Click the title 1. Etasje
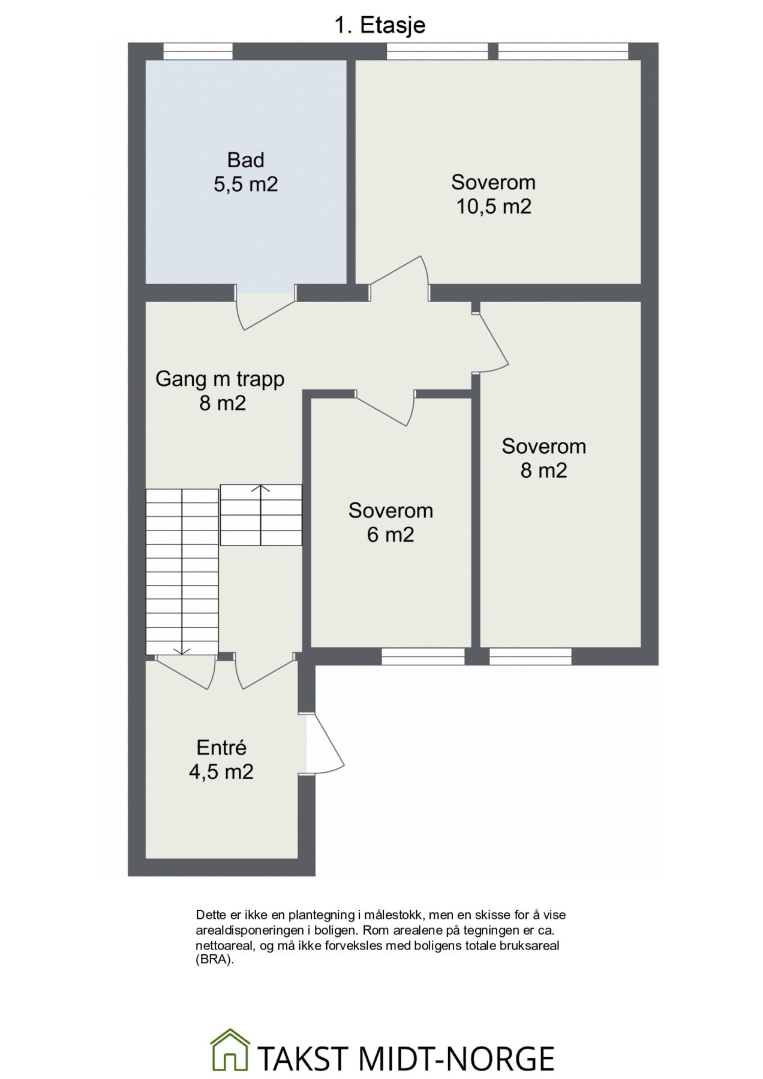click(x=379, y=25)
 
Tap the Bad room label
click(x=245, y=160)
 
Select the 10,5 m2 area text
click(x=493, y=206)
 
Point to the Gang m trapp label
click(x=220, y=379)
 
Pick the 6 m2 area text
click(x=390, y=534)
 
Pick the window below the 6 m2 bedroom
click(x=423, y=656)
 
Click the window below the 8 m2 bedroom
click(x=530, y=656)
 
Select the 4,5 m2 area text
click(x=221, y=771)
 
